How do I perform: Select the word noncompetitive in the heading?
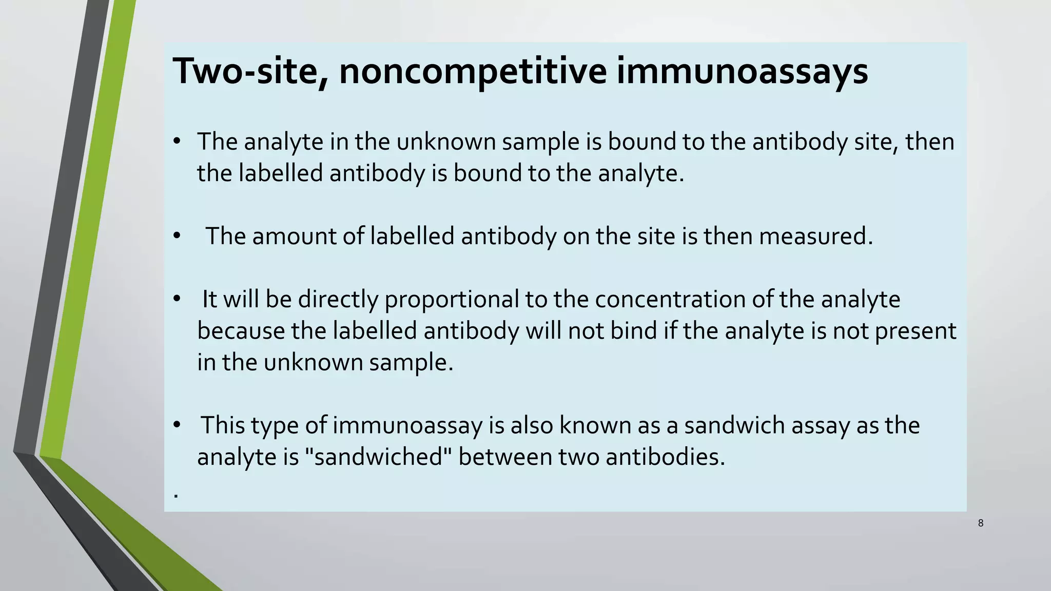[x=473, y=71]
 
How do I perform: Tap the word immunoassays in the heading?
[x=742, y=71]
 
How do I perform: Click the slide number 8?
[x=981, y=523]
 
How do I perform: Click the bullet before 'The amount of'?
[x=177, y=237]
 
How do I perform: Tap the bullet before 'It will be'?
[x=177, y=299]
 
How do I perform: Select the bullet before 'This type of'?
[x=177, y=425]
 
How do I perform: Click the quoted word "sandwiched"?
[x=378, y=457]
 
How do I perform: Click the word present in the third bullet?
[x=915, y=331]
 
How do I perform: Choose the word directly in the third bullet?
[x=338, y=300]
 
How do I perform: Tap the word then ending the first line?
[x=929, y=142]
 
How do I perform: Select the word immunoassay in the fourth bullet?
[x=407, y=426]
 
